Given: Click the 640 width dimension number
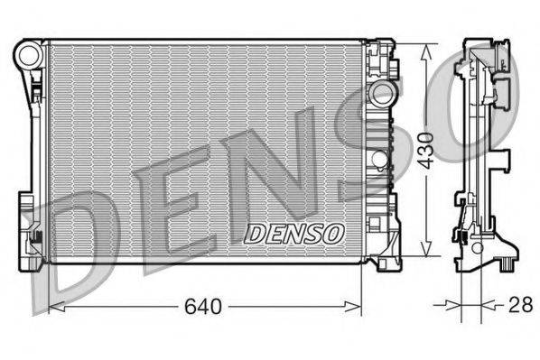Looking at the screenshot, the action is [203, 306].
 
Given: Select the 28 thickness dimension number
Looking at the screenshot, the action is [521, 304].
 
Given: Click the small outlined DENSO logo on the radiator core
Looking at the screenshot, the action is [294, 234].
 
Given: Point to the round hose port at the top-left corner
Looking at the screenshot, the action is [29, 55].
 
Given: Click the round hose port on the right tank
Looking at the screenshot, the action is [381, 93].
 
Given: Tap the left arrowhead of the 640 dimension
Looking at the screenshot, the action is [57, 306].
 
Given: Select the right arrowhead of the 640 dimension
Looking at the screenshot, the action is [353, 306].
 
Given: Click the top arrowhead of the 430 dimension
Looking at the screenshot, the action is [426, 52].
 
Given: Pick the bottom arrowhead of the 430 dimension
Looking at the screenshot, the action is [426, 248].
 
